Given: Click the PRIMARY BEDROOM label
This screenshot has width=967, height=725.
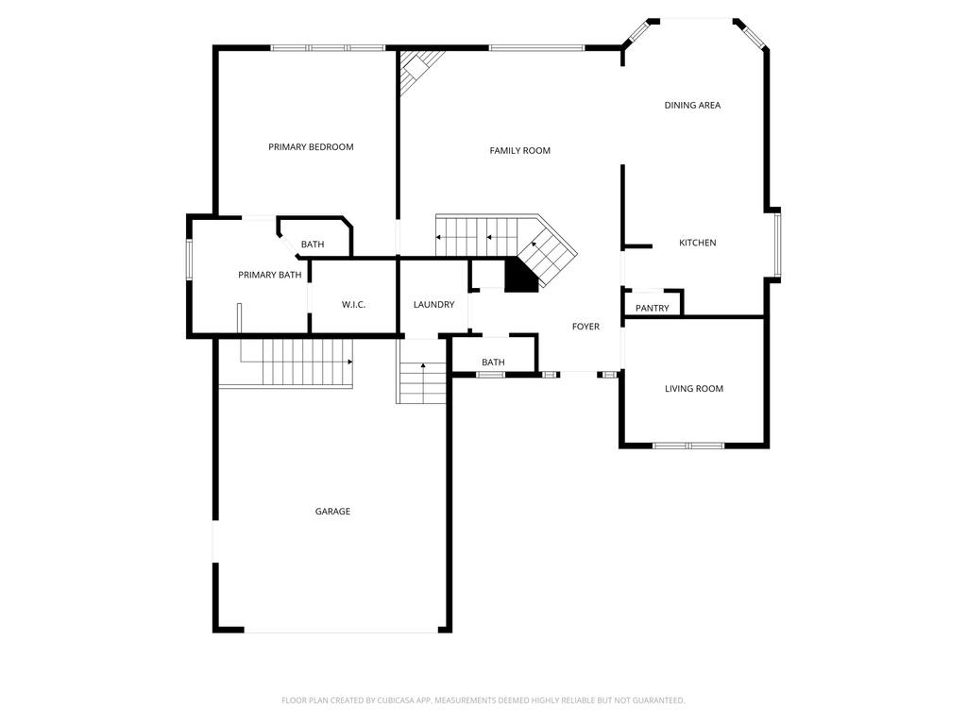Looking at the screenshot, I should pyautogui.click(x=311, y=147).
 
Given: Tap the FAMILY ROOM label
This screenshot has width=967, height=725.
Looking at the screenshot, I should pyautogui.click(x=519, y=151).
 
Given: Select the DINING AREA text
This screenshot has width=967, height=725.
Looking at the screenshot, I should pyautogui.click(x=692, y=106).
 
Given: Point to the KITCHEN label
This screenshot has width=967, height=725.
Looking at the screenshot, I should pyautogui.click(x=698, y=244).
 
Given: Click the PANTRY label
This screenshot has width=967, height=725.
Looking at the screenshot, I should pyautogui.click(x=652, y=309).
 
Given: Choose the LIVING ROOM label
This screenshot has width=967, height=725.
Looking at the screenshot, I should pyautogui.click(x=694, y=389).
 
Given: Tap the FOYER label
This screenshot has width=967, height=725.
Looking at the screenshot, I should pyautogui.click(x=585, y=327).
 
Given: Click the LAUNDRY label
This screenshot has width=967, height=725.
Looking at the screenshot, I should pyautogui.click(x=434, y=305).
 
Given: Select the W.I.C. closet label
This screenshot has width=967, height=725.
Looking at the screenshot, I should pyautogui.click(x=353, y=305).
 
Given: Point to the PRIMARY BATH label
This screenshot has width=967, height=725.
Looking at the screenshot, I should pyautogui.click(x=270, y=276).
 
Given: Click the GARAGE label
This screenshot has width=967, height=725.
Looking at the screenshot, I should pyautogui.click(x=332, y=512).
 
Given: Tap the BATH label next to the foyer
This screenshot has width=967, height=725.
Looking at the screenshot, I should pyautogui.click(x=493, y=362).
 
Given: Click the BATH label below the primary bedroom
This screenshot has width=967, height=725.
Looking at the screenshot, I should pyautogui.click(x=313, y=245).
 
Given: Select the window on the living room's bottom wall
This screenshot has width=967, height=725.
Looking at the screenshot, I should pyautogui.click(x=688, y=445).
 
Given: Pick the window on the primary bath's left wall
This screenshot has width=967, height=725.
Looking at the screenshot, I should pyautogui.click(x=189, y=260).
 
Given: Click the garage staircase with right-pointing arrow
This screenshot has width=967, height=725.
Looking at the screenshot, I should pyautogui.click(x=297, y=361).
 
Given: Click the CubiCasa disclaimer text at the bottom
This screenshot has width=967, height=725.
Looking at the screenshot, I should pyautogui.click(x=483, y=700).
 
